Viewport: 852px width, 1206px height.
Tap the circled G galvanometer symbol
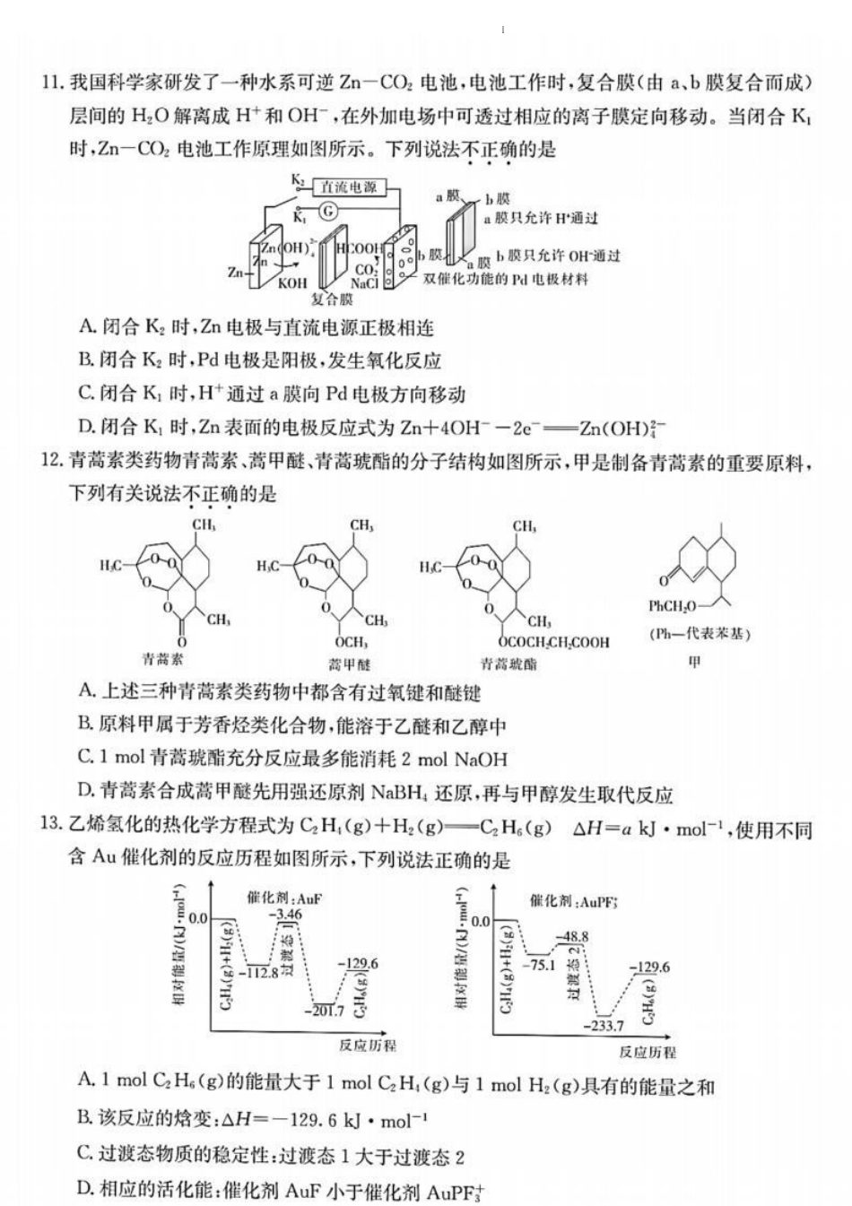pyautogui.click(x=329, y=211)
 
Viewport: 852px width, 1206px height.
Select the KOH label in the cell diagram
pyautogui.click(x=292, y=283)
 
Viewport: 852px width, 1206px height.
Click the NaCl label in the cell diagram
pyautogui.click(x=364, y=283)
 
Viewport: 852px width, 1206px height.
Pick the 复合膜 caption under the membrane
pyautogui.click(x=332, y=299)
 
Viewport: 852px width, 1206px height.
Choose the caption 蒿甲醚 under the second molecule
pyautogui.click(x=349, y=664)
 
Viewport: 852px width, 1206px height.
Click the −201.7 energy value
pyautogui.click(x=324, y=1011)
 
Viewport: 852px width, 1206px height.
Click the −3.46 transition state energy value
pyautogui.click(x=288, y=914)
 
